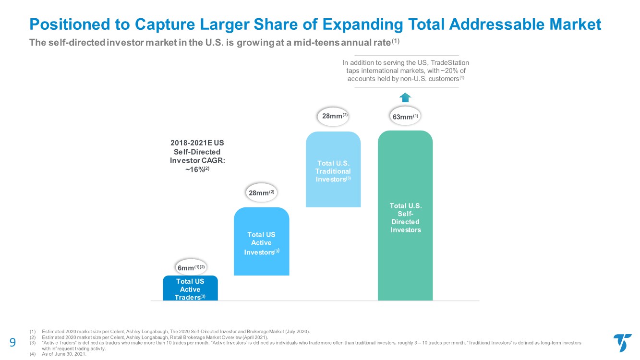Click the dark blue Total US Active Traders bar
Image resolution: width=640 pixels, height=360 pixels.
190,288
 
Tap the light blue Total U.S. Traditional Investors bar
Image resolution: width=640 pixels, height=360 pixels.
333,169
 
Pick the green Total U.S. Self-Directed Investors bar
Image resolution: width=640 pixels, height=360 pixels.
405,216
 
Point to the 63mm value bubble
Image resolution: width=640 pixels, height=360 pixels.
406,117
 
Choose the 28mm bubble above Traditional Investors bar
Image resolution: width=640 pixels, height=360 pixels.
334,116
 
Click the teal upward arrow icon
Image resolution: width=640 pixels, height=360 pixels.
406,97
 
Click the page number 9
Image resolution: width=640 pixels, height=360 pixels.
13,343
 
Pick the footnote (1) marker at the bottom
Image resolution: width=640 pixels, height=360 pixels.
33,331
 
